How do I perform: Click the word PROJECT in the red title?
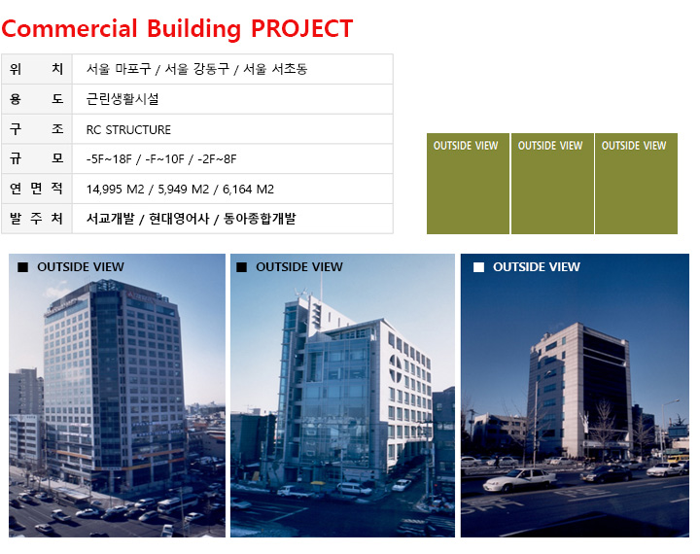[x=301, y=28]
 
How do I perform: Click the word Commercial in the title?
[x=70, y=28]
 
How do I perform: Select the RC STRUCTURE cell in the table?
[x=128, y=130]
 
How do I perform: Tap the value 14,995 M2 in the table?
[x=115, y=190]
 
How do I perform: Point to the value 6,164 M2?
[x=248, y=190]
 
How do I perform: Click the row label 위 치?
[x=36, y=69]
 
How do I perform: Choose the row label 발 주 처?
[x=36, y=219]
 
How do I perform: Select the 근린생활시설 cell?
[x=122, y=99]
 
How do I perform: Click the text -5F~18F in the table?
[x=109, y=159]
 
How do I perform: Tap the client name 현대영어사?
[x=179, y=219]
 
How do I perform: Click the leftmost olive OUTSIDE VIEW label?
[x=466, y=146]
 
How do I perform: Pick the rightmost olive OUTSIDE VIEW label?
[x=634, y=146]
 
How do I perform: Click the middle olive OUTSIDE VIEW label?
[x=550, y=146]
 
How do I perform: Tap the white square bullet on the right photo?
[x=478, y=267]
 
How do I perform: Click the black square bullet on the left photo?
[x=22, y=267]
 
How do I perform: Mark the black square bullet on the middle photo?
[x=241, y=267]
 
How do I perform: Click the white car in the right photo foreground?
[x=520, y=480]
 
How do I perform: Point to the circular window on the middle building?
[x=396, y=368]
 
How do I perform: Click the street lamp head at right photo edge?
[x=676, y=401]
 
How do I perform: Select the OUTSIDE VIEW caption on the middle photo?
[x=299, y=267]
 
